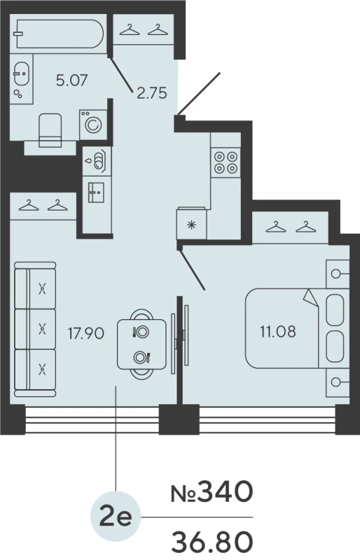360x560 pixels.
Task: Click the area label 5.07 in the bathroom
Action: [72, 80]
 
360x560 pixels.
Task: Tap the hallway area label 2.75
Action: [152, 93]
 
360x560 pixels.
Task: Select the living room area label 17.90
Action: [86, 333]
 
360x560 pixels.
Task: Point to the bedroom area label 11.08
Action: [278, 332]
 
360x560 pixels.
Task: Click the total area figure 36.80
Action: [212, 542]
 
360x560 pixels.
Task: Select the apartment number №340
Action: [212, 492]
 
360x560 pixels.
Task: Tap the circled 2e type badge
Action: [116, 517]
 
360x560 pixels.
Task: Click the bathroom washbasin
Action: [22, 73]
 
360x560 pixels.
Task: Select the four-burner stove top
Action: [226, 162]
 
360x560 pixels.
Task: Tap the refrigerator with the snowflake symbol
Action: [192, 223]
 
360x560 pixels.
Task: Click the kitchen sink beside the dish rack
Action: [96, 192]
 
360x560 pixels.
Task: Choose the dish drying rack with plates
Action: [97, 161]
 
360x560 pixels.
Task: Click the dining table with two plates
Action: [141, 344]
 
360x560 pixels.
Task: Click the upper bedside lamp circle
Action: [335, 274]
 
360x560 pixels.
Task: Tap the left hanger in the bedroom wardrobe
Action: [276, 227]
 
